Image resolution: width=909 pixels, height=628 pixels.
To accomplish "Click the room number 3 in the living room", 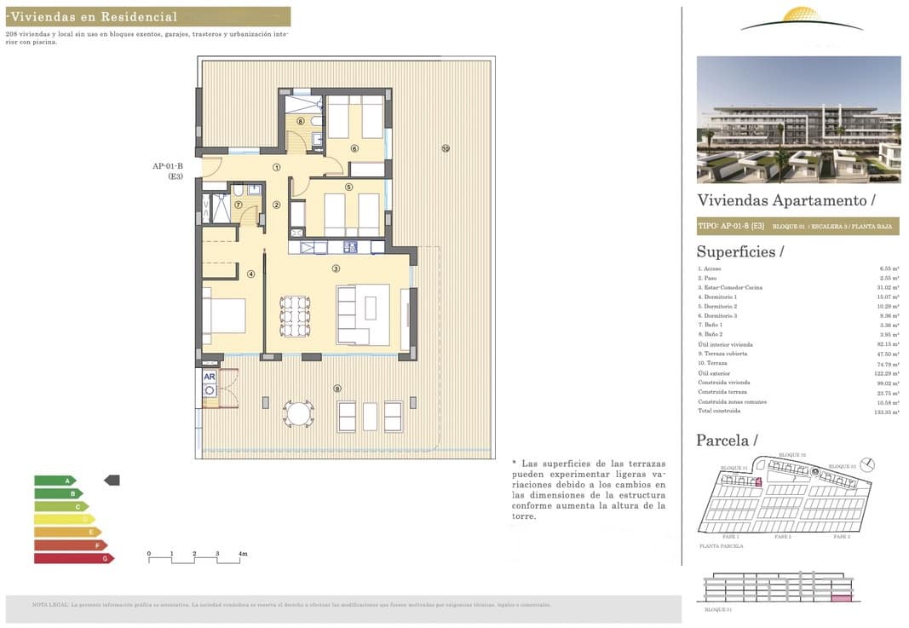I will pyautogui.click(x=337, y=268).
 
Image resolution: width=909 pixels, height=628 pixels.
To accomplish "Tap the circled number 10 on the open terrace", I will pyautogui.click(x=446, y=148).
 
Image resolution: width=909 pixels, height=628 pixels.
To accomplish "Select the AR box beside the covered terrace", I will pyautogui.click(x=209, y=376).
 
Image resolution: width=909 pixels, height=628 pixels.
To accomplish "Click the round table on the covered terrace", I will pyautogui.click(x=299, y=414).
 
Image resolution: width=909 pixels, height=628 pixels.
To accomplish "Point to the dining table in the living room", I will pyautogui.click(x=294, y=315).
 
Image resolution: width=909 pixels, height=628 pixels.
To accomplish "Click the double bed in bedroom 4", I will pyautogui.click(x=224, y=315).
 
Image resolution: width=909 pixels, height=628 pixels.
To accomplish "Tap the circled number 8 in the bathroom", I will pyautogui.click(x=300, y=122).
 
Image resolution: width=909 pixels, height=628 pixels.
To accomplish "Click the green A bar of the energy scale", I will pyautogui.click(x=55, y=481).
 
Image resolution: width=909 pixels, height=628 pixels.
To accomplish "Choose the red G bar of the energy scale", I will pyautogui.click(x=73, y=558).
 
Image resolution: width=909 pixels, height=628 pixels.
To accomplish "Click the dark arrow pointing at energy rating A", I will pyautogui.click(x=112, y=481).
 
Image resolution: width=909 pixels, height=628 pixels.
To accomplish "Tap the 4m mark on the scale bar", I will pyautogui.click(x=242, y=555).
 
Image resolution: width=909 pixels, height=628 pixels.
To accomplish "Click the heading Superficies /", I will pyautogui.click(x=739, y=251).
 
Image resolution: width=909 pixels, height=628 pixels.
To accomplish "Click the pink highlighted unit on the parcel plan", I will pyautogui.click(x=758, y=482).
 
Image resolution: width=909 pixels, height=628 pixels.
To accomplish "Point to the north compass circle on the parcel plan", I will pyautogui.click(x=867, y=464).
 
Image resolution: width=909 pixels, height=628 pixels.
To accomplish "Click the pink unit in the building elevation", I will pyautogui.click(x=841, y=600).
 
